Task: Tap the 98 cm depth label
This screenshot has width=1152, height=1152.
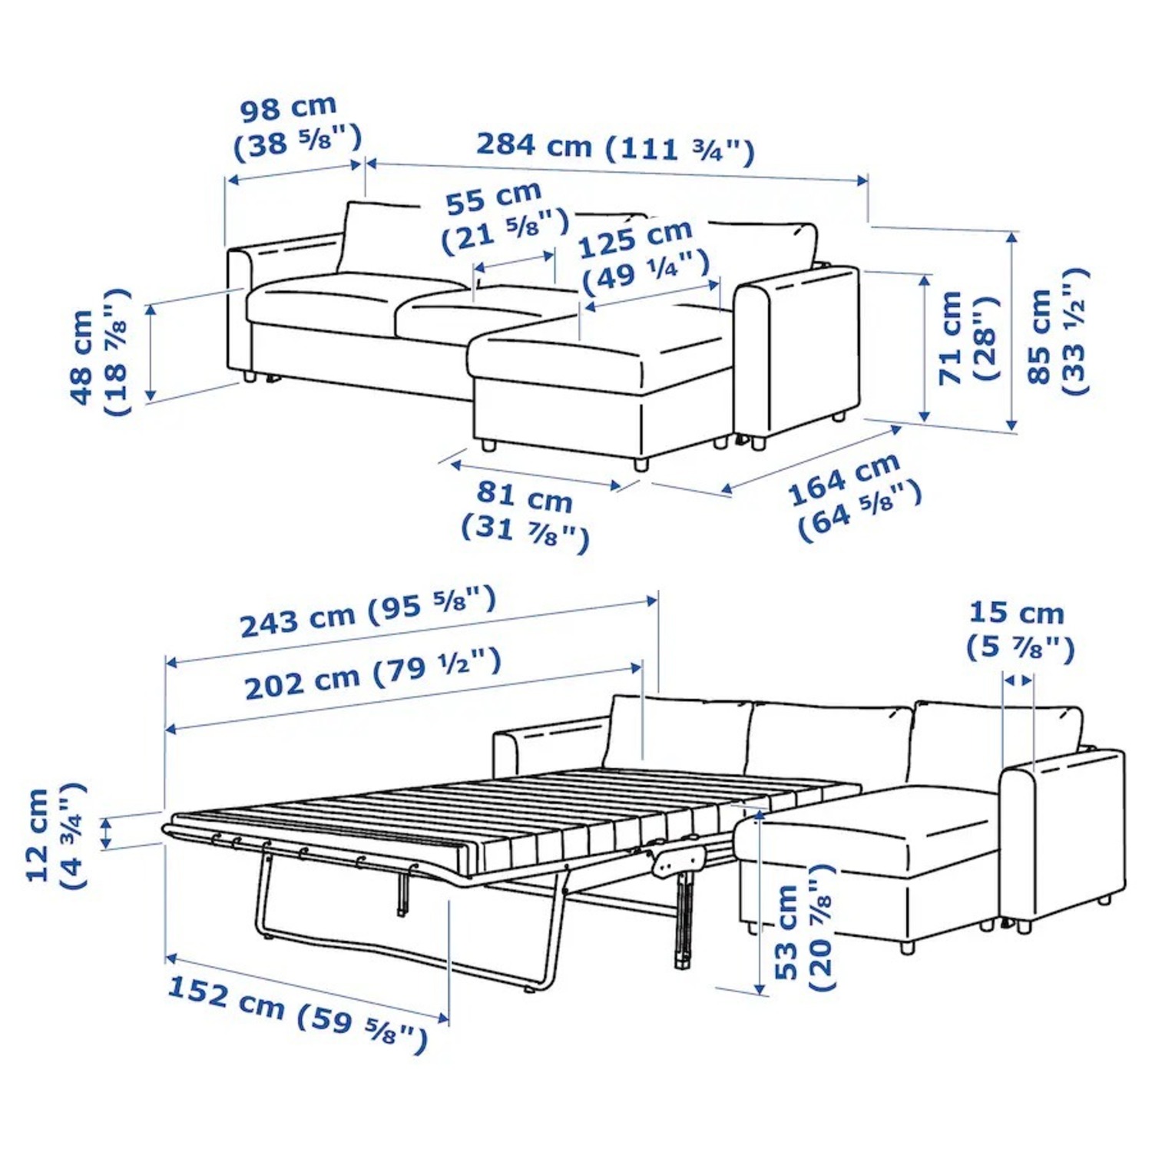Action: tap(296, 127)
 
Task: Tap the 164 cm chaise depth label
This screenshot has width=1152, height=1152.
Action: tap(852, 495)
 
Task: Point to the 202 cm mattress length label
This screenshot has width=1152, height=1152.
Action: tap(372, 675)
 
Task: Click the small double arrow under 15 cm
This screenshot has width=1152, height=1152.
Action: tap(1018, 680)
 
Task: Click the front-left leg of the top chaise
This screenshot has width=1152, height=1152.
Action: tap(487, 445)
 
